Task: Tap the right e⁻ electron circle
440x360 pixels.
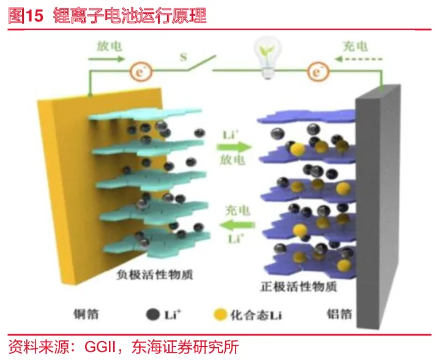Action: coord(317,72)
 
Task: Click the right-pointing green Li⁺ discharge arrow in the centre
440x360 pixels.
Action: coord(234,147)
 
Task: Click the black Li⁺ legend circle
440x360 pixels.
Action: coord(149,315)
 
